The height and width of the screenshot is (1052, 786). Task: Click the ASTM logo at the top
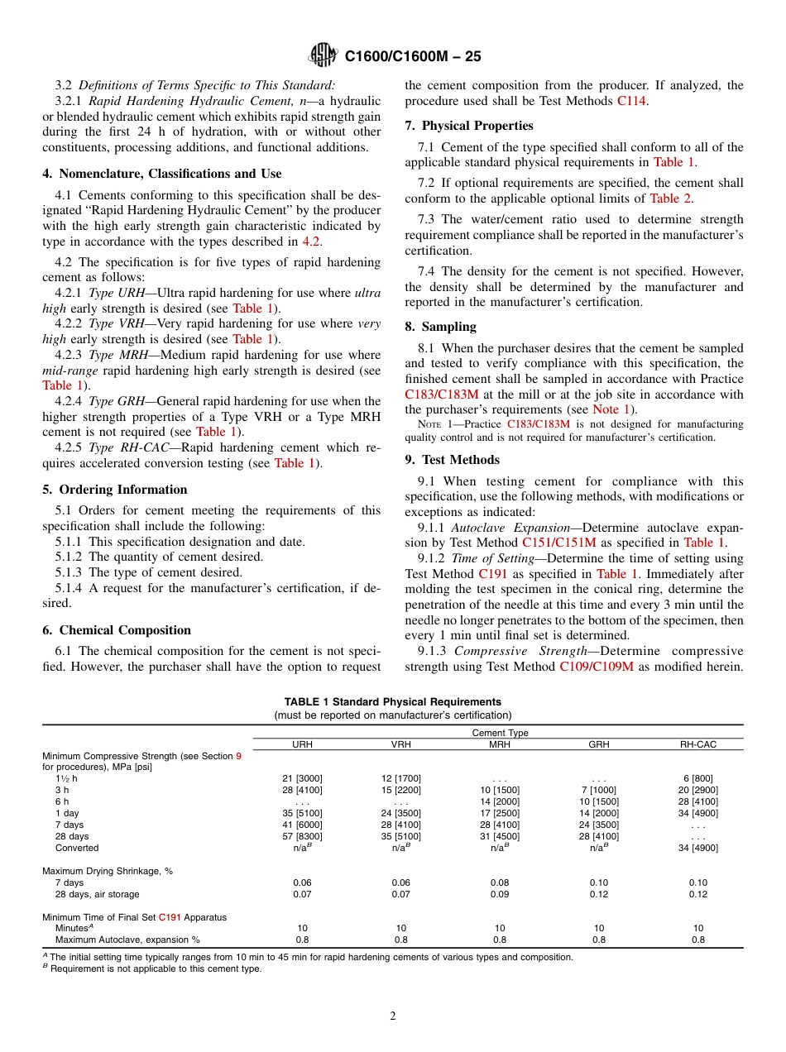tap(323, 55)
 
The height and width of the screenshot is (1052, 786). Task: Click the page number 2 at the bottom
tap(393, 1016)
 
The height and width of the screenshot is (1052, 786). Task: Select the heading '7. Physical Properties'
tap(469, 126)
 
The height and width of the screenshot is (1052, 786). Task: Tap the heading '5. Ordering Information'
tap(115, 490)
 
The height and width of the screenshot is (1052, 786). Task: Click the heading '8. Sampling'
tap(440, 327)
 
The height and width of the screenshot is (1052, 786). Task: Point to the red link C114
tap(633, 101)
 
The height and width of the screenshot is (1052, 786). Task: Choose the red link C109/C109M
tap(597, 667)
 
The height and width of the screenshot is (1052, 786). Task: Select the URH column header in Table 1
tap(303, 744)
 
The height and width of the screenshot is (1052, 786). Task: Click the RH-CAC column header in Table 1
tap(698, 744)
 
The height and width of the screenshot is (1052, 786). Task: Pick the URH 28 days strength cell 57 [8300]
tap(303, 836)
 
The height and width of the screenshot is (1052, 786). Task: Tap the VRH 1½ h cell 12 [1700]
tap(401, 778)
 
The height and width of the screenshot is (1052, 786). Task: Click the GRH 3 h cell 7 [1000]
tap(599, 790)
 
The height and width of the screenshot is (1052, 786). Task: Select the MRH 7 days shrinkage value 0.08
tap(500, 882)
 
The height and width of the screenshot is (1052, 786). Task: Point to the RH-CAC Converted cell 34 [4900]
tap(698, 848)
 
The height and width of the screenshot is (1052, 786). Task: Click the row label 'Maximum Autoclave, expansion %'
tap(127, 940)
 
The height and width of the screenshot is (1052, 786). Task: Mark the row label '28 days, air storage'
tap(98, 894)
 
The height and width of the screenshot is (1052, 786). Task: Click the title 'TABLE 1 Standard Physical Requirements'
tap(393, 702)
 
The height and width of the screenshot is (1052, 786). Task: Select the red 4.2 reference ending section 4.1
tap(310, 241)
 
